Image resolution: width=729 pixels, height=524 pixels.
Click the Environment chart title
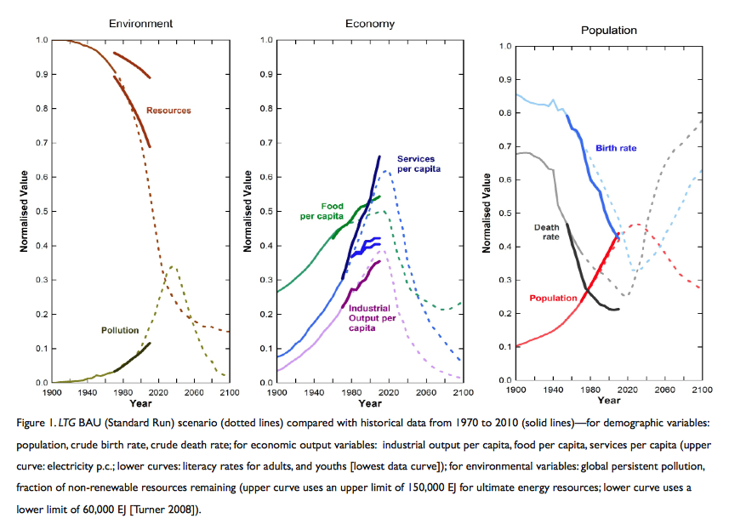[x=148, y=23]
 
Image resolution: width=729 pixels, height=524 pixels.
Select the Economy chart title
[x=369, y=23]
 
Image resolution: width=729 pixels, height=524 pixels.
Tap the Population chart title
[x=609, y=30]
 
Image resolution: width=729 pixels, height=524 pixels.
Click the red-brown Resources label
[x=168, y=111]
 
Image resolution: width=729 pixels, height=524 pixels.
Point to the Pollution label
[x=120, y=330]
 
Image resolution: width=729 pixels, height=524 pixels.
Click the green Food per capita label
[x=322, y=211]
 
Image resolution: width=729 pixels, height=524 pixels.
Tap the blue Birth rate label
[x=616, y=148]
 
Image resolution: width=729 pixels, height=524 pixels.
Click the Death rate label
[x=545, y=232]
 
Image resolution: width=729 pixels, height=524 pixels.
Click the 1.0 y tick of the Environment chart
[x=42, y=40]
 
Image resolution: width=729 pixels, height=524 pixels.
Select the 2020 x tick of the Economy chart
[x=388, y=394]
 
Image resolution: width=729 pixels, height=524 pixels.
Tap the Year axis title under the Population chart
[x=609, y=400]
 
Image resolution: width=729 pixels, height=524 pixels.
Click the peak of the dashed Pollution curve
[x=174, y=266]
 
